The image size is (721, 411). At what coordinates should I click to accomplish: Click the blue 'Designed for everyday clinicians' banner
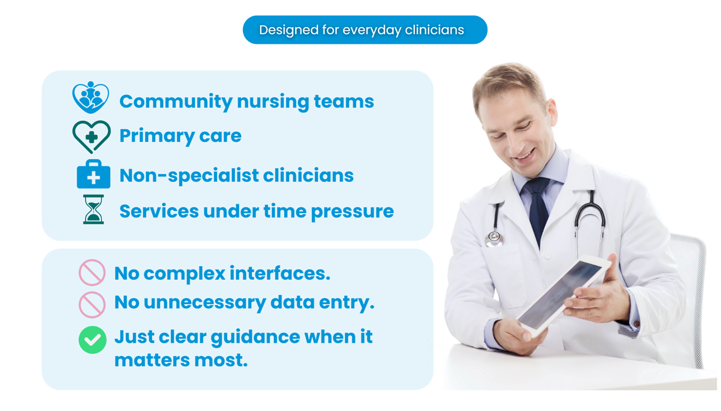[x=365, y=30]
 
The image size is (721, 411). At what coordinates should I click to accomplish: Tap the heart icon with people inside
[x=90, y=98]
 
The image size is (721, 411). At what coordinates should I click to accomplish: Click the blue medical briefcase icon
[x=93, y=174]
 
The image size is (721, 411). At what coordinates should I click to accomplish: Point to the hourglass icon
[x=93, y=209]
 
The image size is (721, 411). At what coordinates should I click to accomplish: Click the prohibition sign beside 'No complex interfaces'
[x=92, y=273]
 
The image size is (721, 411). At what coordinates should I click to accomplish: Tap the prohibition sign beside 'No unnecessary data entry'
[x=92, y=305]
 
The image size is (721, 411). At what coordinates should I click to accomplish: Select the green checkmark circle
[x=92, y=340]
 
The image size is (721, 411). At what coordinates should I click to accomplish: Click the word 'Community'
[x=176, y=102]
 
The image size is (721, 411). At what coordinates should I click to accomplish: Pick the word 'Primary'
[x=157, y=136]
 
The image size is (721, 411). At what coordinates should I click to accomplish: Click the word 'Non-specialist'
[x=189, y=176]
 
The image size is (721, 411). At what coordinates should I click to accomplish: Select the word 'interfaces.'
[x=280, y=273]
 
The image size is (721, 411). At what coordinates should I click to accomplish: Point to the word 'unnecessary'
[x=205, y=302]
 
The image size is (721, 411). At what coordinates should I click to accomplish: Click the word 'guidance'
[x=255, y=338]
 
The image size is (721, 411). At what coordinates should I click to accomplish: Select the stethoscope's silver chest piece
[x=495, y=238]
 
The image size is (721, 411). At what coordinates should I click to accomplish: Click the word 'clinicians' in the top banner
[x=434, y=30]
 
